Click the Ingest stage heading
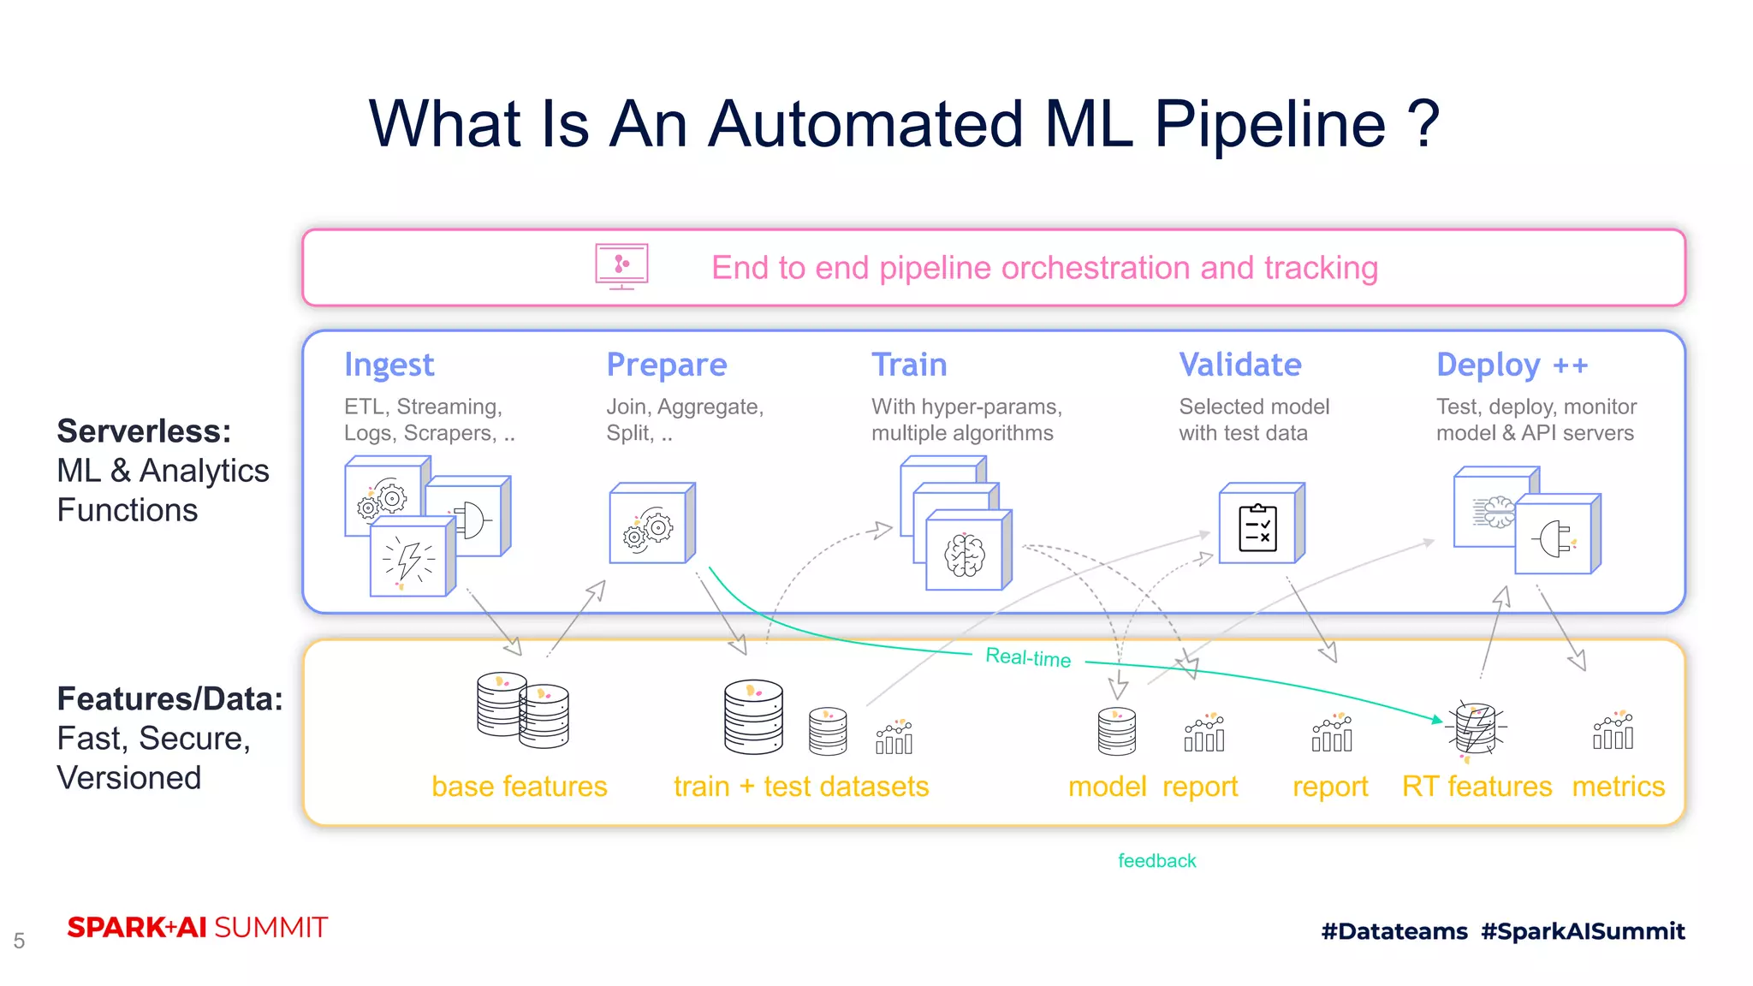pos(389,365)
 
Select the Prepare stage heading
pos(666,365)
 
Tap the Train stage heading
pos(909,365)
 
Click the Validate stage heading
pos(1239,365)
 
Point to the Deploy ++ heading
pos(1512,365)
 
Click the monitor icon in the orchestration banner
pos(621,266)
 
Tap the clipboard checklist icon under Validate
pos(1258,528)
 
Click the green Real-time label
pos(1028,657)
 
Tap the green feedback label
pos(1156,861)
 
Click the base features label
pos(519,787)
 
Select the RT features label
pos(1477,787)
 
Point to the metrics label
pos(1618,787)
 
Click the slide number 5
pos(19,941)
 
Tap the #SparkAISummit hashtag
pos(1583,931)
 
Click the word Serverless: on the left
pos(144,431)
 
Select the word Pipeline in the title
pos(1269,125)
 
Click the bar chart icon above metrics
pos(1613,732)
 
